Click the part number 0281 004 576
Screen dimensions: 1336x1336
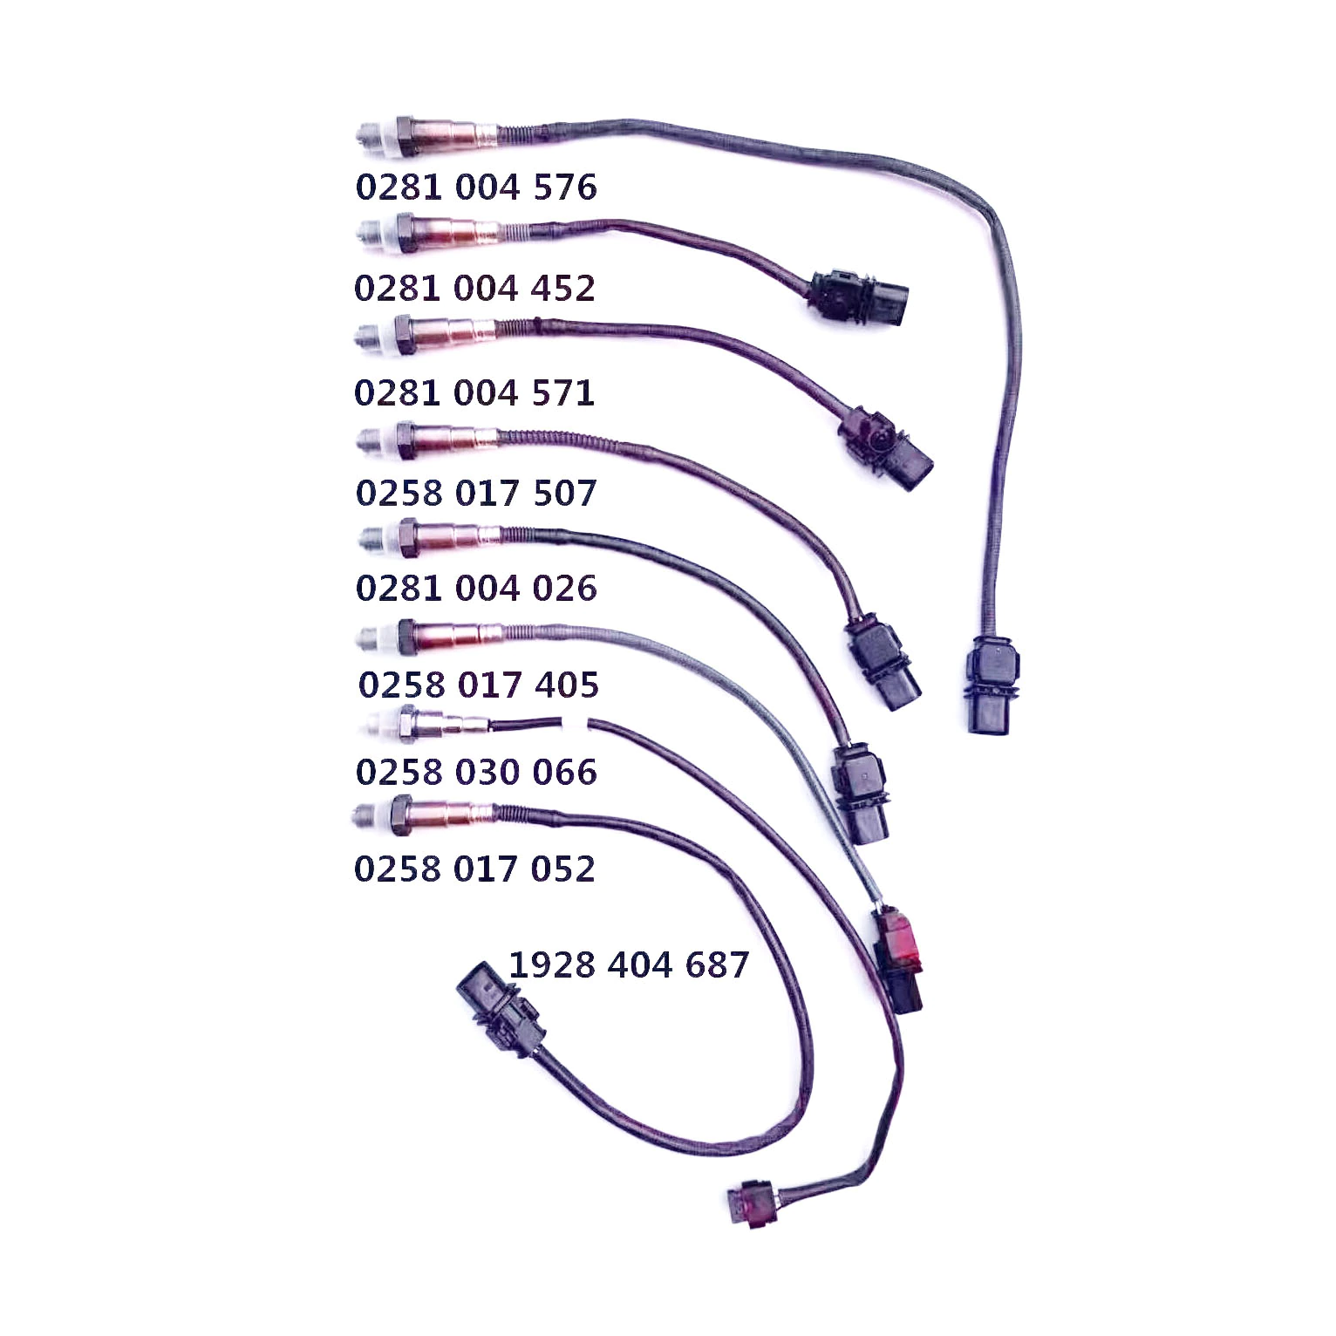point(476,187)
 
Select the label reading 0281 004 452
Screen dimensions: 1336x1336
point(474,289)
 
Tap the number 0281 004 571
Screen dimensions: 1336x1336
point(474,393)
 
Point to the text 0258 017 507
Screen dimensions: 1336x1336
point(476,494)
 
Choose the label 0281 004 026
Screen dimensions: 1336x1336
point(476,589)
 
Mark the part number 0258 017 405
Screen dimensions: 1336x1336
point(479,685)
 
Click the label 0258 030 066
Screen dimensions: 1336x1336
point(476,773)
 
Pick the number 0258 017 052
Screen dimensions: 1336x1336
point(474,869)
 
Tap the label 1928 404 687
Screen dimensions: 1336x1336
point(629,965)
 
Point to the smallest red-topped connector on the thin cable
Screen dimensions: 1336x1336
point(751,1203)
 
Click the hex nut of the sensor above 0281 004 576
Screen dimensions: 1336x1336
point(405,136)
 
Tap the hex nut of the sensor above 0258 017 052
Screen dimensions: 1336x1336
point(400,815)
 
